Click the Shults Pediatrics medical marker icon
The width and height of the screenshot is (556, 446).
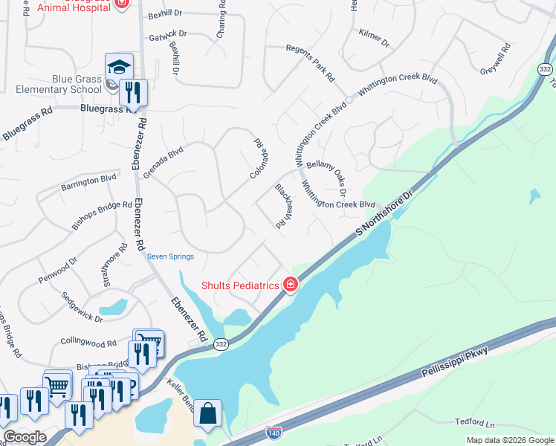pos(290,285)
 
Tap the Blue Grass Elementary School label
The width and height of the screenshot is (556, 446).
pos(51,85)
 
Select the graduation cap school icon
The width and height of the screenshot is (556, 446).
pos(119,66)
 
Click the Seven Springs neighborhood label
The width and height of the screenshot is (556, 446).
pos(170,257)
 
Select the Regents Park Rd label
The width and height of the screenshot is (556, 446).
pos(311,63)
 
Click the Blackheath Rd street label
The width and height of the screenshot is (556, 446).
pos(281,206)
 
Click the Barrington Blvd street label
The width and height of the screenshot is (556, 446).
pos(89,181)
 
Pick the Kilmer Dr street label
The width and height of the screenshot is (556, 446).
pos(374,39)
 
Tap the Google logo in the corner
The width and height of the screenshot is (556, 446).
pos(25,436)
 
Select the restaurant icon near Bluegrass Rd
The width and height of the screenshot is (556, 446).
pos(133,92)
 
